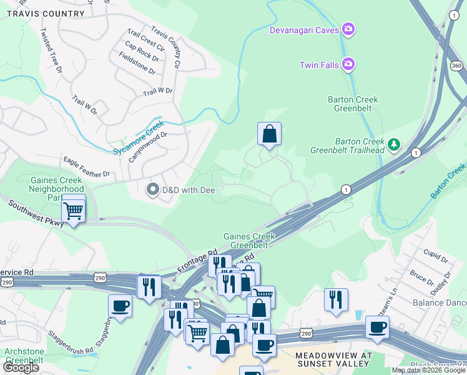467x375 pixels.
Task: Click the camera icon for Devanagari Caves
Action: [348, 29]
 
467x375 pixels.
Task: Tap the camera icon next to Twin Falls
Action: [348, 64]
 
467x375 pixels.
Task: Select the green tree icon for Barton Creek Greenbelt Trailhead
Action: [393, 145]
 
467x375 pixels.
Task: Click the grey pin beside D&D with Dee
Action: [152, 189]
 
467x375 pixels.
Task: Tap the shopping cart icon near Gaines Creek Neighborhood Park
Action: [74, 209]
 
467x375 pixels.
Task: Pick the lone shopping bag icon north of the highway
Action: [269, 134]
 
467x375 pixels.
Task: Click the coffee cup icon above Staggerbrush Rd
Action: [120, 306]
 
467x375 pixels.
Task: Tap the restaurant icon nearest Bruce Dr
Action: [336, 299]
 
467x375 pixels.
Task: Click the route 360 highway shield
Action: [456, 66]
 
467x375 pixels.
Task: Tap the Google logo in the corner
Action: [21, 367]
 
